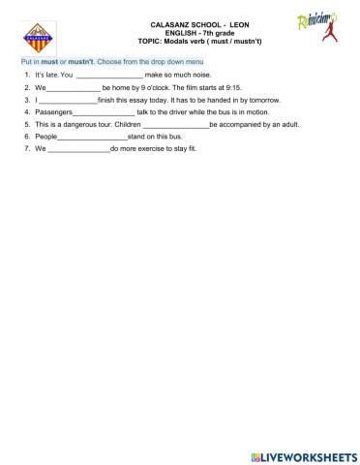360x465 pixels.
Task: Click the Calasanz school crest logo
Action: click(39, 39)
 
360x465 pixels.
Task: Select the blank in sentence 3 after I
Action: click(68, 100)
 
